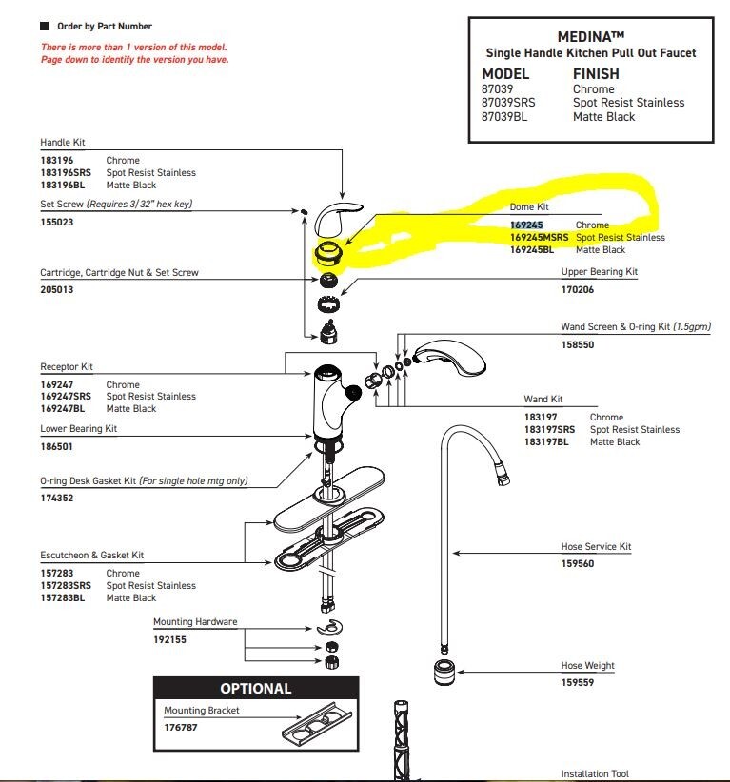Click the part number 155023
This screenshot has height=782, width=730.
tap(56, 222)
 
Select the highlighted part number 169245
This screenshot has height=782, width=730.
tap(526, 225)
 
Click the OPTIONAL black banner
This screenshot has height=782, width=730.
tap(256, 688)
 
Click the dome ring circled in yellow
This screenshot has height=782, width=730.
tap(328, 253)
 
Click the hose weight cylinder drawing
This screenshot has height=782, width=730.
tap(443, 671)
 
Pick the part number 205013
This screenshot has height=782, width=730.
tap(56, 289)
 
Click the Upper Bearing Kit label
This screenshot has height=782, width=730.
tap(599, 272)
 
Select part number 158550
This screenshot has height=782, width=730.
tap(577, 344)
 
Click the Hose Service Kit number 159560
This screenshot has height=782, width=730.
tap(577, 563)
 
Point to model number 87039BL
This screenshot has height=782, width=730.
tap(504, 116)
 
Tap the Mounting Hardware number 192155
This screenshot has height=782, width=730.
tap(169, 639)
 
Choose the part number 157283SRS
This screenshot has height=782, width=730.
tap(66, 586)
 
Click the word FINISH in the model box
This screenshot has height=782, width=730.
tap(596, 73)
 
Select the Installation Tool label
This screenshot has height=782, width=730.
tap(595, 774)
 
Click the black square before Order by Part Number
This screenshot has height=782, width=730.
tap(45, 26)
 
